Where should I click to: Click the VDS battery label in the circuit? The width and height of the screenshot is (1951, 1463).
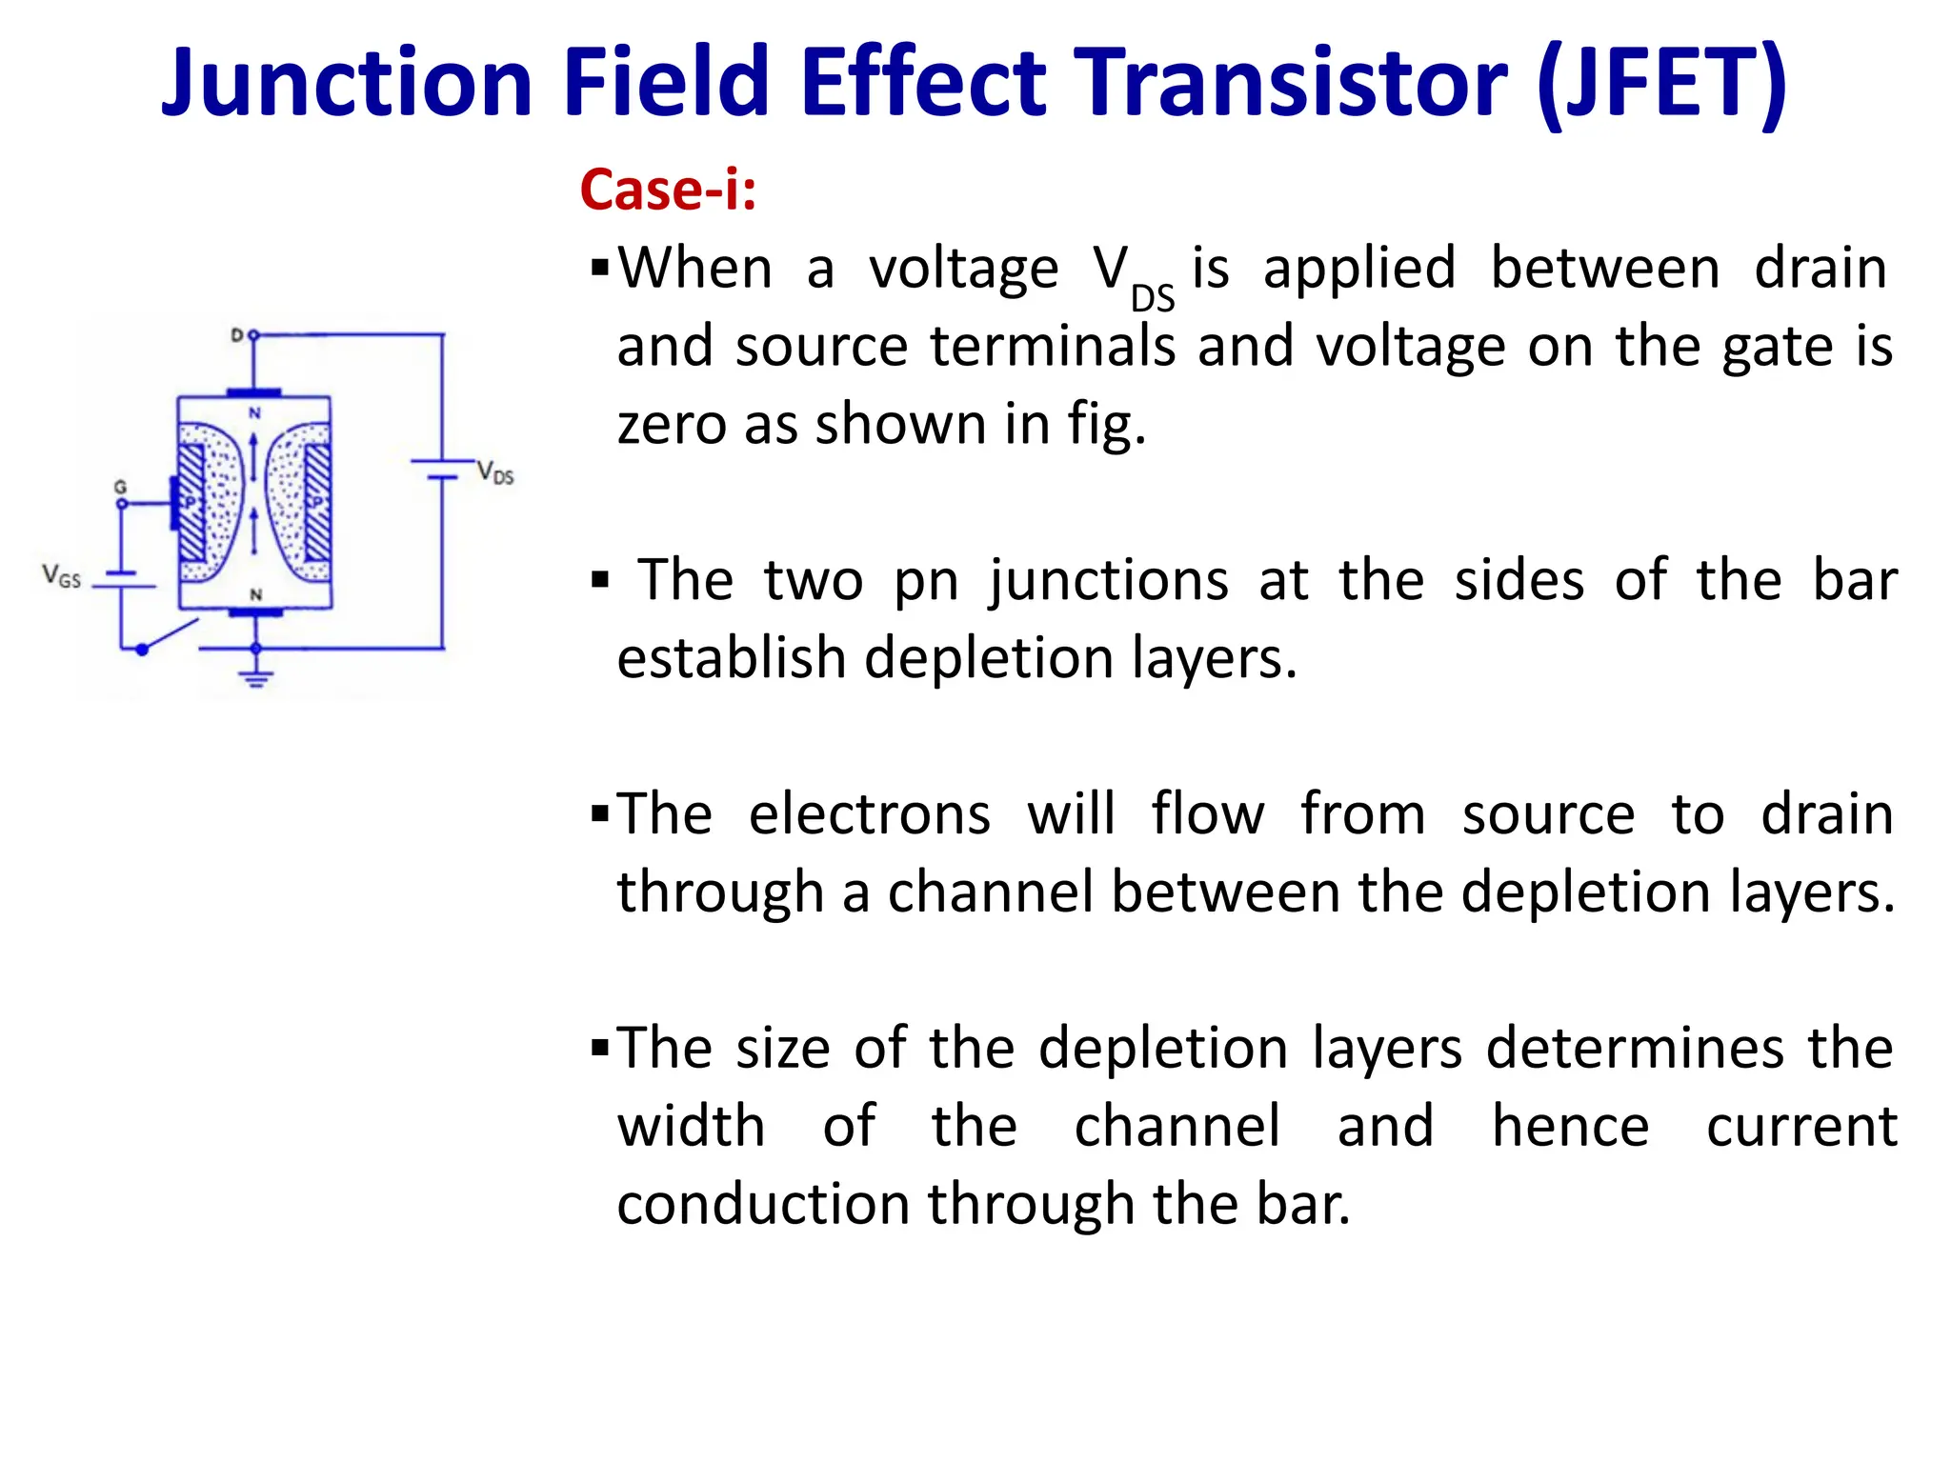pos(495,472)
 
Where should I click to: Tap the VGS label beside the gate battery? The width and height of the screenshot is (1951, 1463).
pos(61,576)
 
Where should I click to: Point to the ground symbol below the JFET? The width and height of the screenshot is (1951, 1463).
pos(255,677)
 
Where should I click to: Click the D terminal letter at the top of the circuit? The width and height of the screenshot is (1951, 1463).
pos(237,335)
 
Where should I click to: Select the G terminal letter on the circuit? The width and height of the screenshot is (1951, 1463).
pos(120,487)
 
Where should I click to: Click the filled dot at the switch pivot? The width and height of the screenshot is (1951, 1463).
pos(142,650)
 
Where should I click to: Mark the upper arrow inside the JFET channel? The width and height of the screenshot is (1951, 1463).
pos(254,454)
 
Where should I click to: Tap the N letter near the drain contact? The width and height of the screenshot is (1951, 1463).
pos(254,412)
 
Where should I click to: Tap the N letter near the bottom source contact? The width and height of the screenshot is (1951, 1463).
pos(255,594)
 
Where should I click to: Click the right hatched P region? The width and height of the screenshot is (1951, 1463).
pos(317,502)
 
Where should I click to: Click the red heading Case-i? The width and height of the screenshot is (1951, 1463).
pos(668,190)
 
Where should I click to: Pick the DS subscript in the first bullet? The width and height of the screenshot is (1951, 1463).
pos(1153,299)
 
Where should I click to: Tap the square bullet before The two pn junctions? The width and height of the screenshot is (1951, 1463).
pos(599,580)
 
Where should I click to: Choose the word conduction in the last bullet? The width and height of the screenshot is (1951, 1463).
pos(763,1204)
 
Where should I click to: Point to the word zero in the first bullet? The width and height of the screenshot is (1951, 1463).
pos(671,424)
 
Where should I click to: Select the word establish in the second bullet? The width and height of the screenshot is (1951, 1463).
pos(731,658)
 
